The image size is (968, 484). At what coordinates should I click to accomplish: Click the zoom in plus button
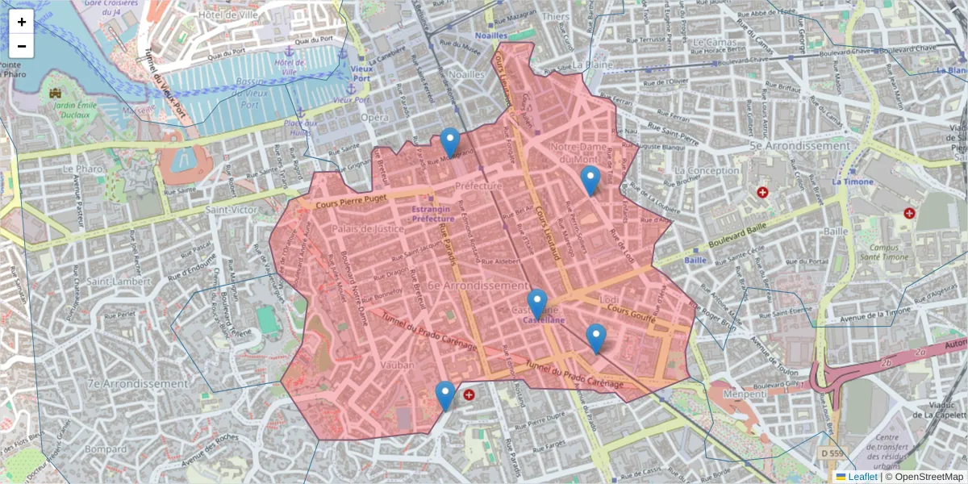22,22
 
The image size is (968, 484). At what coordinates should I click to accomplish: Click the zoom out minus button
22,46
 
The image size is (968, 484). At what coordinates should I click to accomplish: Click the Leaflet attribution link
862,477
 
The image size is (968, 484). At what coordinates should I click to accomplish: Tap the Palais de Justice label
367,229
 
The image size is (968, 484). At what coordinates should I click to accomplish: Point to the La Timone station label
849,181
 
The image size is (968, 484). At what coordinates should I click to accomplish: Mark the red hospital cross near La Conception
762,192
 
